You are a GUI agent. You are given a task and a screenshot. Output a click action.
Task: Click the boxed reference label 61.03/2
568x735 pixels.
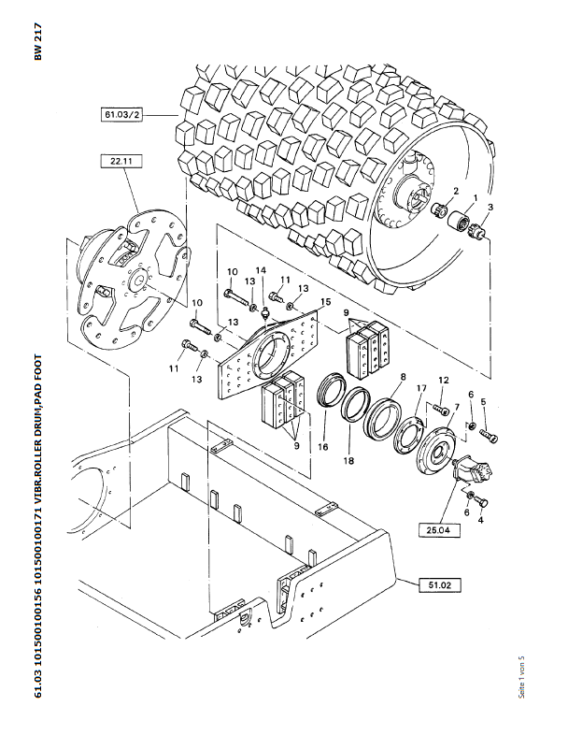coord(121,114)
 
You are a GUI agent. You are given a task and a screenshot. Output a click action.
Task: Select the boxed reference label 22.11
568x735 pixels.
coord(121,161)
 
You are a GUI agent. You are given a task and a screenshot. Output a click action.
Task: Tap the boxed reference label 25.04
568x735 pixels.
coord(440,530)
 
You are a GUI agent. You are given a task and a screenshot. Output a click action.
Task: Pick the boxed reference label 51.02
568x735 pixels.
coord(440,585)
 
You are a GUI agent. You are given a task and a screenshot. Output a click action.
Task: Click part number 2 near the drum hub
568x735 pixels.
coord(456,191)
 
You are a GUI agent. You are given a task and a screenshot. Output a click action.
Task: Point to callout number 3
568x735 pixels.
coord(490,207)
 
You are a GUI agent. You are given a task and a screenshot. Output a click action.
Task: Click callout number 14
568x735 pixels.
coord(261,270)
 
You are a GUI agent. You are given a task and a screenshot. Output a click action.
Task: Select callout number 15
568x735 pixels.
coord(325,300)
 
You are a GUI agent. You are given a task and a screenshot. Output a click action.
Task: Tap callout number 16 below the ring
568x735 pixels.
coord(323,447)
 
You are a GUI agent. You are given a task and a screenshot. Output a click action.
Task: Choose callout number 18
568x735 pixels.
coord(348,461)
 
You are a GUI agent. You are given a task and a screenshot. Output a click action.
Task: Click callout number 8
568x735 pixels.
coord(404,377)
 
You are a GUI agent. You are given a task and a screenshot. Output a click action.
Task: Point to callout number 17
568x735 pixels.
coord(421,388)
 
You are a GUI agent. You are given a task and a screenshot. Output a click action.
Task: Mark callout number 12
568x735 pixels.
coord(444,381)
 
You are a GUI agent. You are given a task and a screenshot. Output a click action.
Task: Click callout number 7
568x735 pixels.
coord(457,407)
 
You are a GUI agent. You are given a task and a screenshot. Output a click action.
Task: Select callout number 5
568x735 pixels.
coord(483,401)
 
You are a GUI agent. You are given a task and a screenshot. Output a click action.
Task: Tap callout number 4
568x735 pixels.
coord(481,519)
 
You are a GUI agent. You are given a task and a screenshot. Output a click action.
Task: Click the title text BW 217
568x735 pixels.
coord(38,41)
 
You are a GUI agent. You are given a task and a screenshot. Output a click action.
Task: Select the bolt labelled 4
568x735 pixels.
coord(484,502)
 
